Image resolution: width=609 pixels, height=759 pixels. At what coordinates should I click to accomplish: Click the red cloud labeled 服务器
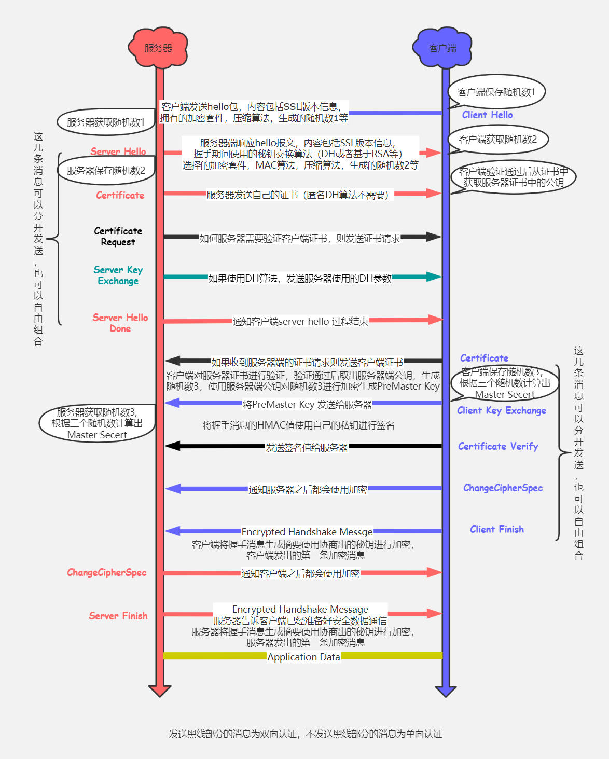[158, 48]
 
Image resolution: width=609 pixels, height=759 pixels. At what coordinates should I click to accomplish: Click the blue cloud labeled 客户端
[442, 48]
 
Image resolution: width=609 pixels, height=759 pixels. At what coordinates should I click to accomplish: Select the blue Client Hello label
[487, 115]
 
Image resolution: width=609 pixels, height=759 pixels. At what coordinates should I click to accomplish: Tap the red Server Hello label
[118, 151]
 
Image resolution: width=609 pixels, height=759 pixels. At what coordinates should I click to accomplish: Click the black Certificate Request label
[118, 236]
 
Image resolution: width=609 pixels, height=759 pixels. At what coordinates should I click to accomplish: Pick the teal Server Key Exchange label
[118, 275]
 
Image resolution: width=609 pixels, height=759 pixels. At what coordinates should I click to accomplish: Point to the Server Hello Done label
[120, 323]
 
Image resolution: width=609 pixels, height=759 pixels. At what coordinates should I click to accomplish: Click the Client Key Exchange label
[501, 410]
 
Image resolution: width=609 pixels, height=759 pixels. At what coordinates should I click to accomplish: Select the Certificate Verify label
[498, 446]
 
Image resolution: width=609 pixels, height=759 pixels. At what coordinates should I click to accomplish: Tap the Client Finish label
[497, 529]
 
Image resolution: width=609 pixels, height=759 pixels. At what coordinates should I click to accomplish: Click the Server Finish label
[118, 616]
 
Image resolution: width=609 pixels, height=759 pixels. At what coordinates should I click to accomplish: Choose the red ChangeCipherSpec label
[107, 572]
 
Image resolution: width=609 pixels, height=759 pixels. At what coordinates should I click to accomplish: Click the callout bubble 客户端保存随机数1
[496, 92]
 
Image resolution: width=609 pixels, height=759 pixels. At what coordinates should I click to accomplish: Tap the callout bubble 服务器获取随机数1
[106, 122]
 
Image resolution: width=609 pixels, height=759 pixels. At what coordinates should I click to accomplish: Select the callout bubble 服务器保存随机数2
[106, 171]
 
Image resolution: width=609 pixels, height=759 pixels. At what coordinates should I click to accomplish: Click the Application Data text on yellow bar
[303, 657]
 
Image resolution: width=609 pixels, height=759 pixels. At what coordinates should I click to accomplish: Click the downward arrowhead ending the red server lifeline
[160, 691]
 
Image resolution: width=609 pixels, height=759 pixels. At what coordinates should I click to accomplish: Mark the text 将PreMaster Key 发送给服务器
[307, 404]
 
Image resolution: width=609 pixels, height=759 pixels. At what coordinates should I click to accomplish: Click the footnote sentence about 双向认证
[305, 734]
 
